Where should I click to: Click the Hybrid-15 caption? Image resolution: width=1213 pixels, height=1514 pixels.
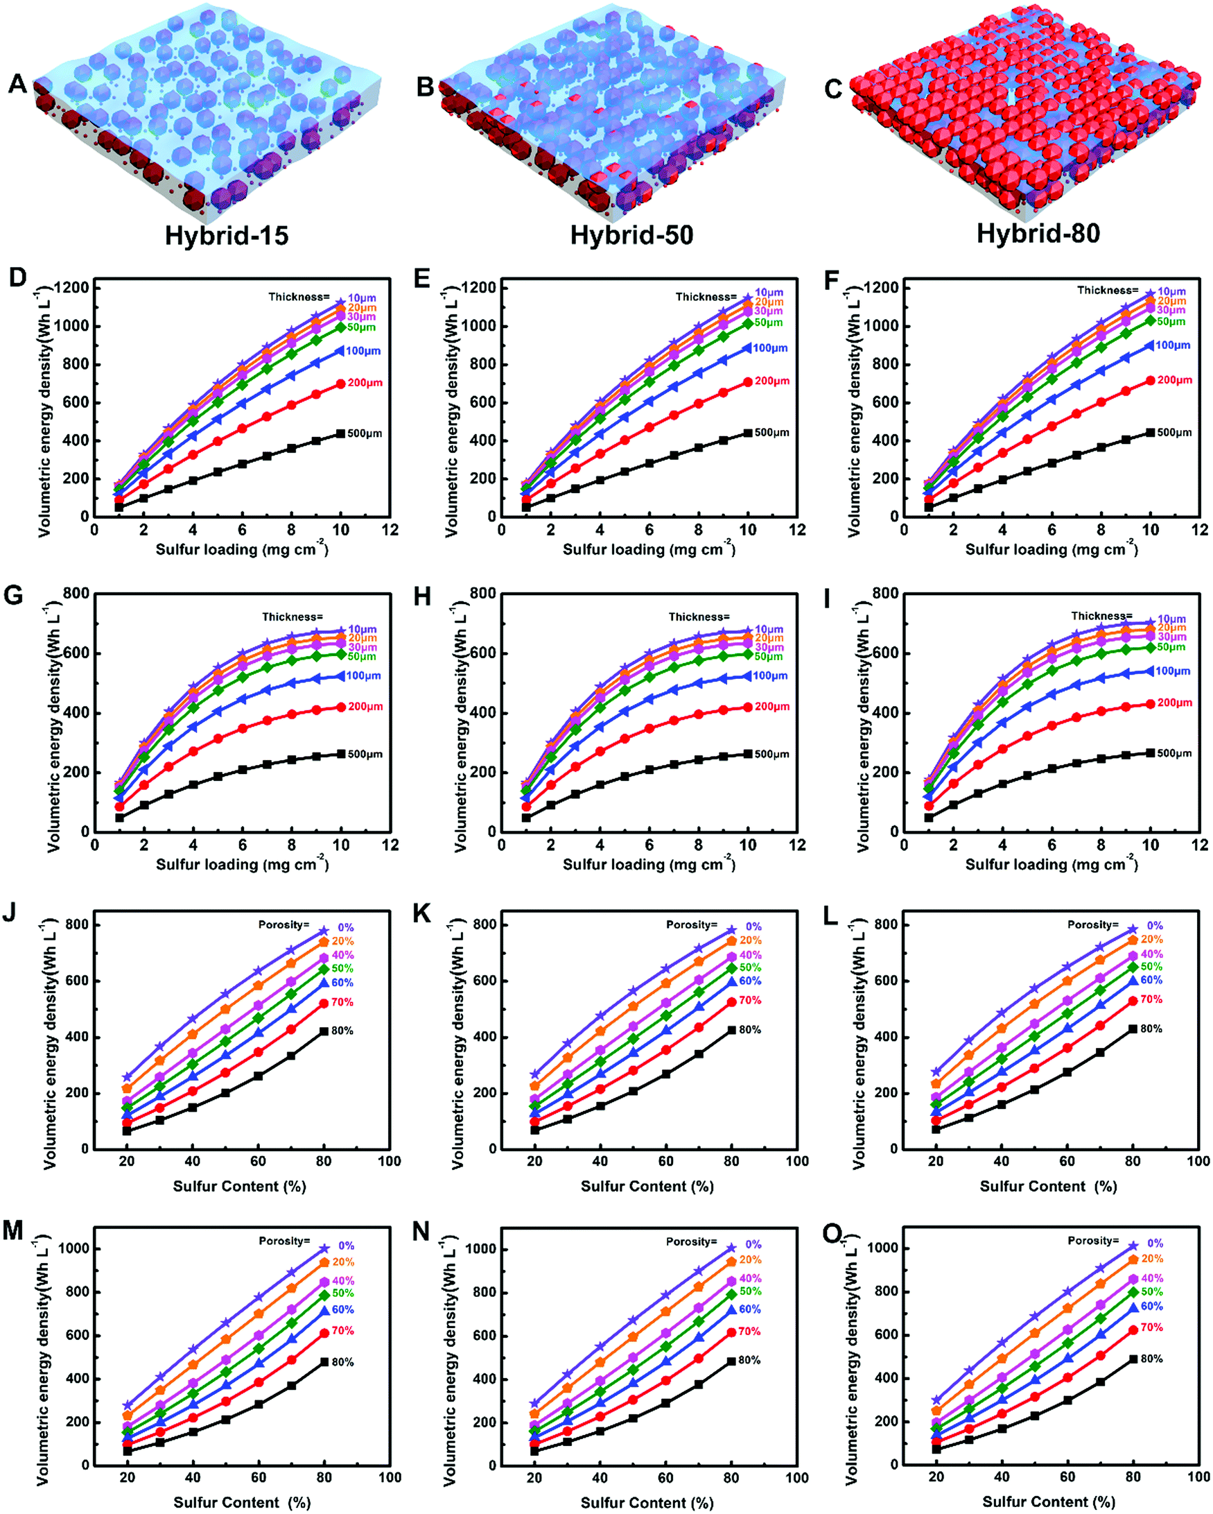tap(226, 235)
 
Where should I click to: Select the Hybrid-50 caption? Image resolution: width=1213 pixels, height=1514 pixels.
tap(631, 235)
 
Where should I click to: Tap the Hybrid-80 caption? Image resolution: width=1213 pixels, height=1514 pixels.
tap(1038, 234)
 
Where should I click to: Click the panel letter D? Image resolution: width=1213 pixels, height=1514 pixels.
tap(17, 278)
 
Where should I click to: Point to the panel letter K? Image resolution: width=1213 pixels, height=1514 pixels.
tap(422, 914)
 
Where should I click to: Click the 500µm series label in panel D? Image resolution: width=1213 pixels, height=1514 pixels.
tap(365, 433)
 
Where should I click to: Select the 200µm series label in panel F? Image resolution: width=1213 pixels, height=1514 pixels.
tap(1174, 380)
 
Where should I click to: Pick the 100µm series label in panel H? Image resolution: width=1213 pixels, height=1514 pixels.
tap(770, 676)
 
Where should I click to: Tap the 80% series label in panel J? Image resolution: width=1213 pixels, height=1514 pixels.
tap(342, 1031)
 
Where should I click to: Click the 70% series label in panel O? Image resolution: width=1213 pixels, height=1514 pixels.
tap(1151, 1327)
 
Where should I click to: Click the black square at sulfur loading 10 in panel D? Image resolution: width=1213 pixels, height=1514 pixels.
tap(341, 434)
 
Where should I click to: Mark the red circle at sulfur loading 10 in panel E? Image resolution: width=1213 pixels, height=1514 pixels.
tap(748, 382)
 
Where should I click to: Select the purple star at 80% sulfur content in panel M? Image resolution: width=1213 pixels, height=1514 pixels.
tap(324, 1248)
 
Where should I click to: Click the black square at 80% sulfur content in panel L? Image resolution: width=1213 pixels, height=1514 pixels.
tap(1133, 1029)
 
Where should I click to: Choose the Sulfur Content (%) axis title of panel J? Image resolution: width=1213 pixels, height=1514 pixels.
tap(239, 1186)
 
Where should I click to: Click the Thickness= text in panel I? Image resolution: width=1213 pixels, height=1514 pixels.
tap(1101, 616)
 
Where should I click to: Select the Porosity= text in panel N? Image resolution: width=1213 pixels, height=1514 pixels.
tap(692, 1241)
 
